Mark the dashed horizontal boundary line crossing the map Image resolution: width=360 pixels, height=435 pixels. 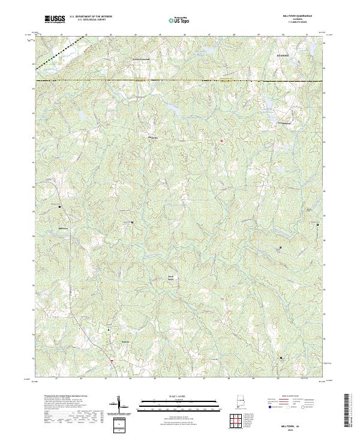pos(180,80)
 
